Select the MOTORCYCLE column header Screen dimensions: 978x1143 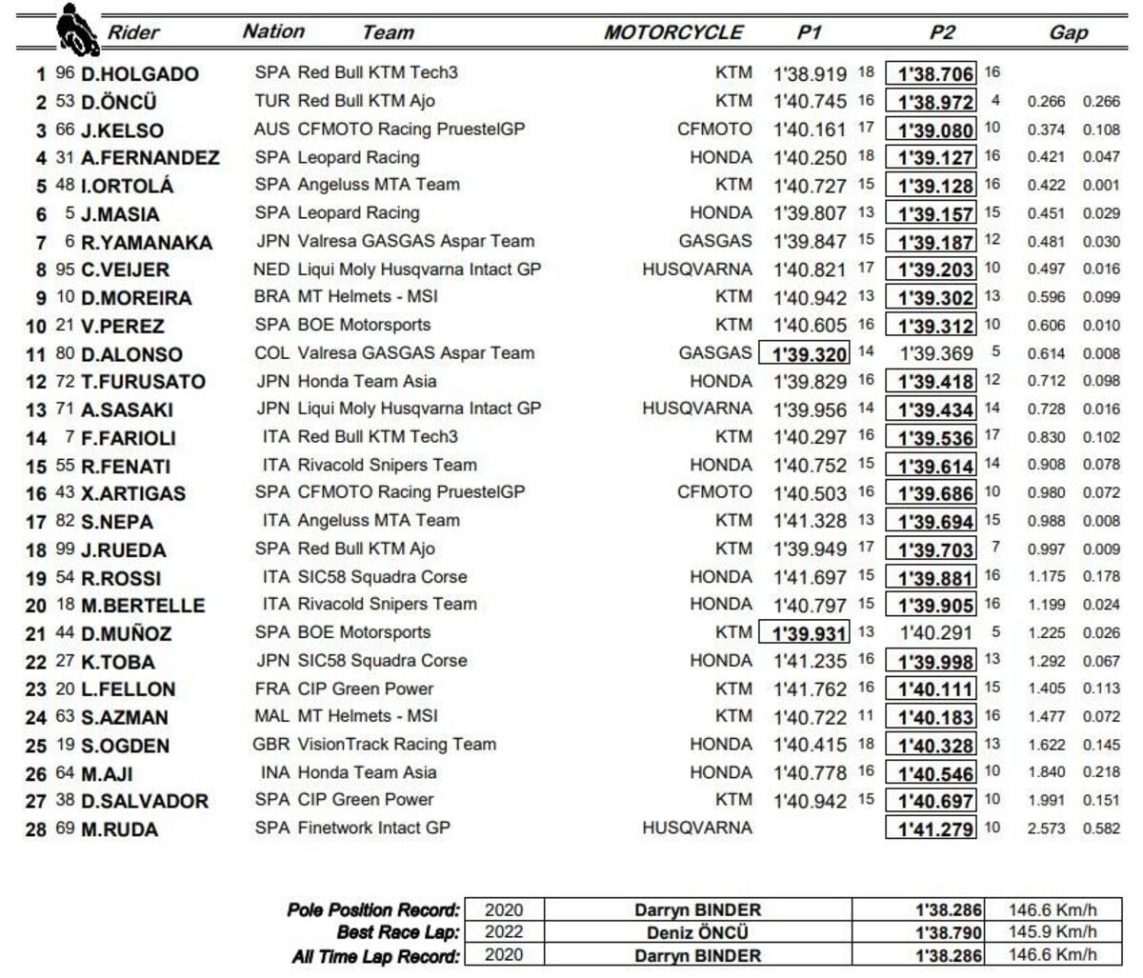click(672, 32)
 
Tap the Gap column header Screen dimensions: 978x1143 click(1068, 32)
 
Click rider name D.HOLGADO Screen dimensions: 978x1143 click(139, 74)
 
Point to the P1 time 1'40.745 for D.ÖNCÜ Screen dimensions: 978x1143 click(810, 101)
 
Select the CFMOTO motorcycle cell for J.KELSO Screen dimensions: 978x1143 click(714, 129)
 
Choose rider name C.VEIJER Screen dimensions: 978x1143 click(125, 269)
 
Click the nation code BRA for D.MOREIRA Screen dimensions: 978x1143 click(272, 297)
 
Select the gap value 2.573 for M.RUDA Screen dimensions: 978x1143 click(1046, 828)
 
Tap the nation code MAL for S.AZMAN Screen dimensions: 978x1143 click(272, 717)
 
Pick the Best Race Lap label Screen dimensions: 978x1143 click(397, 932)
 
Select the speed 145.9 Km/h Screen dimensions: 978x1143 click(1053, 932)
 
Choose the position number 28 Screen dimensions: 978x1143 click(36, 829)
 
